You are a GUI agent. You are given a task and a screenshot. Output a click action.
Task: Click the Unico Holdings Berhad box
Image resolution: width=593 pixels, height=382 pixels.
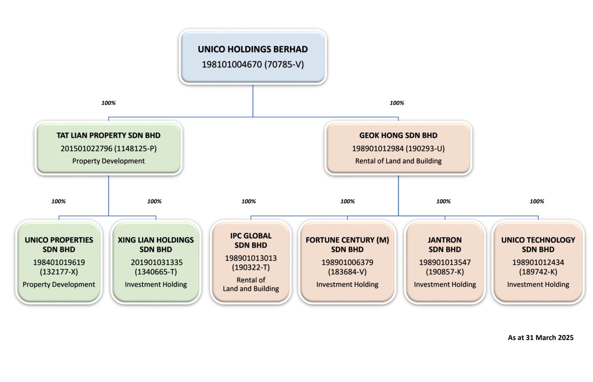[x=253, y=57]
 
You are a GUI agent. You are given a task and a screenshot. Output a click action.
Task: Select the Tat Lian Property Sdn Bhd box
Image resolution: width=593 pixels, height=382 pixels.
[x=108, y=148]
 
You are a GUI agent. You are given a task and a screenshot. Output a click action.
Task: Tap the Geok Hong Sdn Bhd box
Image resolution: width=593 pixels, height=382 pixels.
[x=398, y=148]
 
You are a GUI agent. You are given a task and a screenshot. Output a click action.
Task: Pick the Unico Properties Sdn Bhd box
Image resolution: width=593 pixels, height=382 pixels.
[x=59, y=262]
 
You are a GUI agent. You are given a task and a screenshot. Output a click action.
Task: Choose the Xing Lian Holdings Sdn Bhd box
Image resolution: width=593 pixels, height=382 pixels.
[x=156, y=262]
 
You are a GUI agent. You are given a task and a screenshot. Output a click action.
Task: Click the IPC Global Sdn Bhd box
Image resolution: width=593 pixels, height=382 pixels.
[x=251, y=262]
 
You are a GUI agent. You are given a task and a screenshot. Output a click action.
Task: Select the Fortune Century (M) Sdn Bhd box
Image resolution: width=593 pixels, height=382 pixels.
[x=347, y=262]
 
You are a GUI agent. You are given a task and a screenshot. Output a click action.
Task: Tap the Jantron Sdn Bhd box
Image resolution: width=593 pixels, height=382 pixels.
[x=445, y=262]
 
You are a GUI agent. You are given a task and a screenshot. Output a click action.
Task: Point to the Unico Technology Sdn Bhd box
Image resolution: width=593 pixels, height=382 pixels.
[x=538, y=262]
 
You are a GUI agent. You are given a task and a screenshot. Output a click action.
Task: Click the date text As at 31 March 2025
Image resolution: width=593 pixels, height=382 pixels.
[x=540, y=338]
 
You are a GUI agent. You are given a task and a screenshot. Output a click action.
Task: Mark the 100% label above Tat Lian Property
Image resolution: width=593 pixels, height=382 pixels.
[x=108, y=103]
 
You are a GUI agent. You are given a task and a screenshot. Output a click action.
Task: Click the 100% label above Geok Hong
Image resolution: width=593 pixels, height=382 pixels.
[x=397, y=103]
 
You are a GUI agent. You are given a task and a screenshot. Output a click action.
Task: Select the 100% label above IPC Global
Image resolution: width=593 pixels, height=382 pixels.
[x=249, y=202]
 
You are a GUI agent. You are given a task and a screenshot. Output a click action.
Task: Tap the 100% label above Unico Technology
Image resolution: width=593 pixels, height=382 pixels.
[x=537, y=202]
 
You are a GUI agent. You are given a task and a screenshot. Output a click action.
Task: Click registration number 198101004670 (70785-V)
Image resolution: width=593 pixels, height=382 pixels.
[x=253, y=65]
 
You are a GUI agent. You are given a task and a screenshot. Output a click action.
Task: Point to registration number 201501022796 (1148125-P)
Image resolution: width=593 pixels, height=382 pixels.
[x=108, y=149]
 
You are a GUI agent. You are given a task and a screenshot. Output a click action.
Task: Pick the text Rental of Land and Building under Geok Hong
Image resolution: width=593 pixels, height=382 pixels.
[x=398, y=161]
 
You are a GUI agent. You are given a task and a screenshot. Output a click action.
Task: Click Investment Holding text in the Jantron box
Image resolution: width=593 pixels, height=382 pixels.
[x=445, y=285]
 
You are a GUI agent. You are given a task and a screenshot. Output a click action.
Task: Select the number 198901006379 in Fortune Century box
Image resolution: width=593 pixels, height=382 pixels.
[x=347, y=263]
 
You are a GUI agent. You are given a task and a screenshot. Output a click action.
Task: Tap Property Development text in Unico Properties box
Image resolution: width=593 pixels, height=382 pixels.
[x=59, y=285]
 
